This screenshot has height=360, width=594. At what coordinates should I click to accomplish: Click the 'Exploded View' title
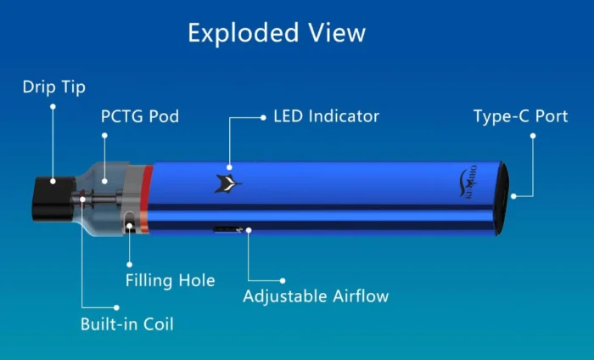277,33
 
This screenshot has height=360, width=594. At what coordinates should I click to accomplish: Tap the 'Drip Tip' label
53,87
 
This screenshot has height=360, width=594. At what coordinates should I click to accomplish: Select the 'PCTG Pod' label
140,116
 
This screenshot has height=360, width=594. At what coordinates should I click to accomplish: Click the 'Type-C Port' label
520,116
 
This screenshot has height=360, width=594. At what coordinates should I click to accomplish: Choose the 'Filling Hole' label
170,280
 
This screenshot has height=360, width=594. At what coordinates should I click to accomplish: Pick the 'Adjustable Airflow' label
316,296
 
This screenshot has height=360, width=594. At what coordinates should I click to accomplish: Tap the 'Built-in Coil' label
126,323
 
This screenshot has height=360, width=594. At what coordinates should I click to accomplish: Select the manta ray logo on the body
227,182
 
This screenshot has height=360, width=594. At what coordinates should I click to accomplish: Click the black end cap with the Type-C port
502,195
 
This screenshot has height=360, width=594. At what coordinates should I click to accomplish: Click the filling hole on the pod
128,225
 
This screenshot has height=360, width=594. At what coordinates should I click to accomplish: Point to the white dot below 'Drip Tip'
53,107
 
